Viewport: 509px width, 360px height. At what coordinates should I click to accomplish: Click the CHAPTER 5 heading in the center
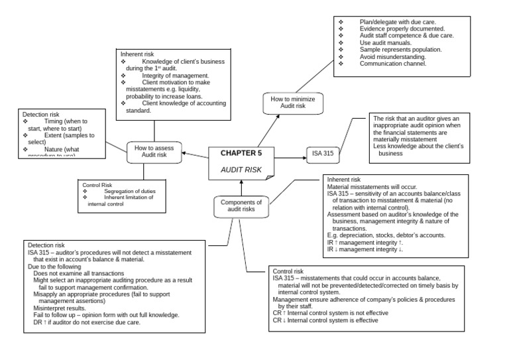(241, 153)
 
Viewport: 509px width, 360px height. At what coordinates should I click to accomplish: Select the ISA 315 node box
(323, 154)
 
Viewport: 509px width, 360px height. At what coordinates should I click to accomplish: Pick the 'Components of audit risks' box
(241, 206)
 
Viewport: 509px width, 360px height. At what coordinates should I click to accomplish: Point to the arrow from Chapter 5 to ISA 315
(290, 157)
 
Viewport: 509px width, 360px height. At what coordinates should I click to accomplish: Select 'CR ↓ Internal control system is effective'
(325, 320)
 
